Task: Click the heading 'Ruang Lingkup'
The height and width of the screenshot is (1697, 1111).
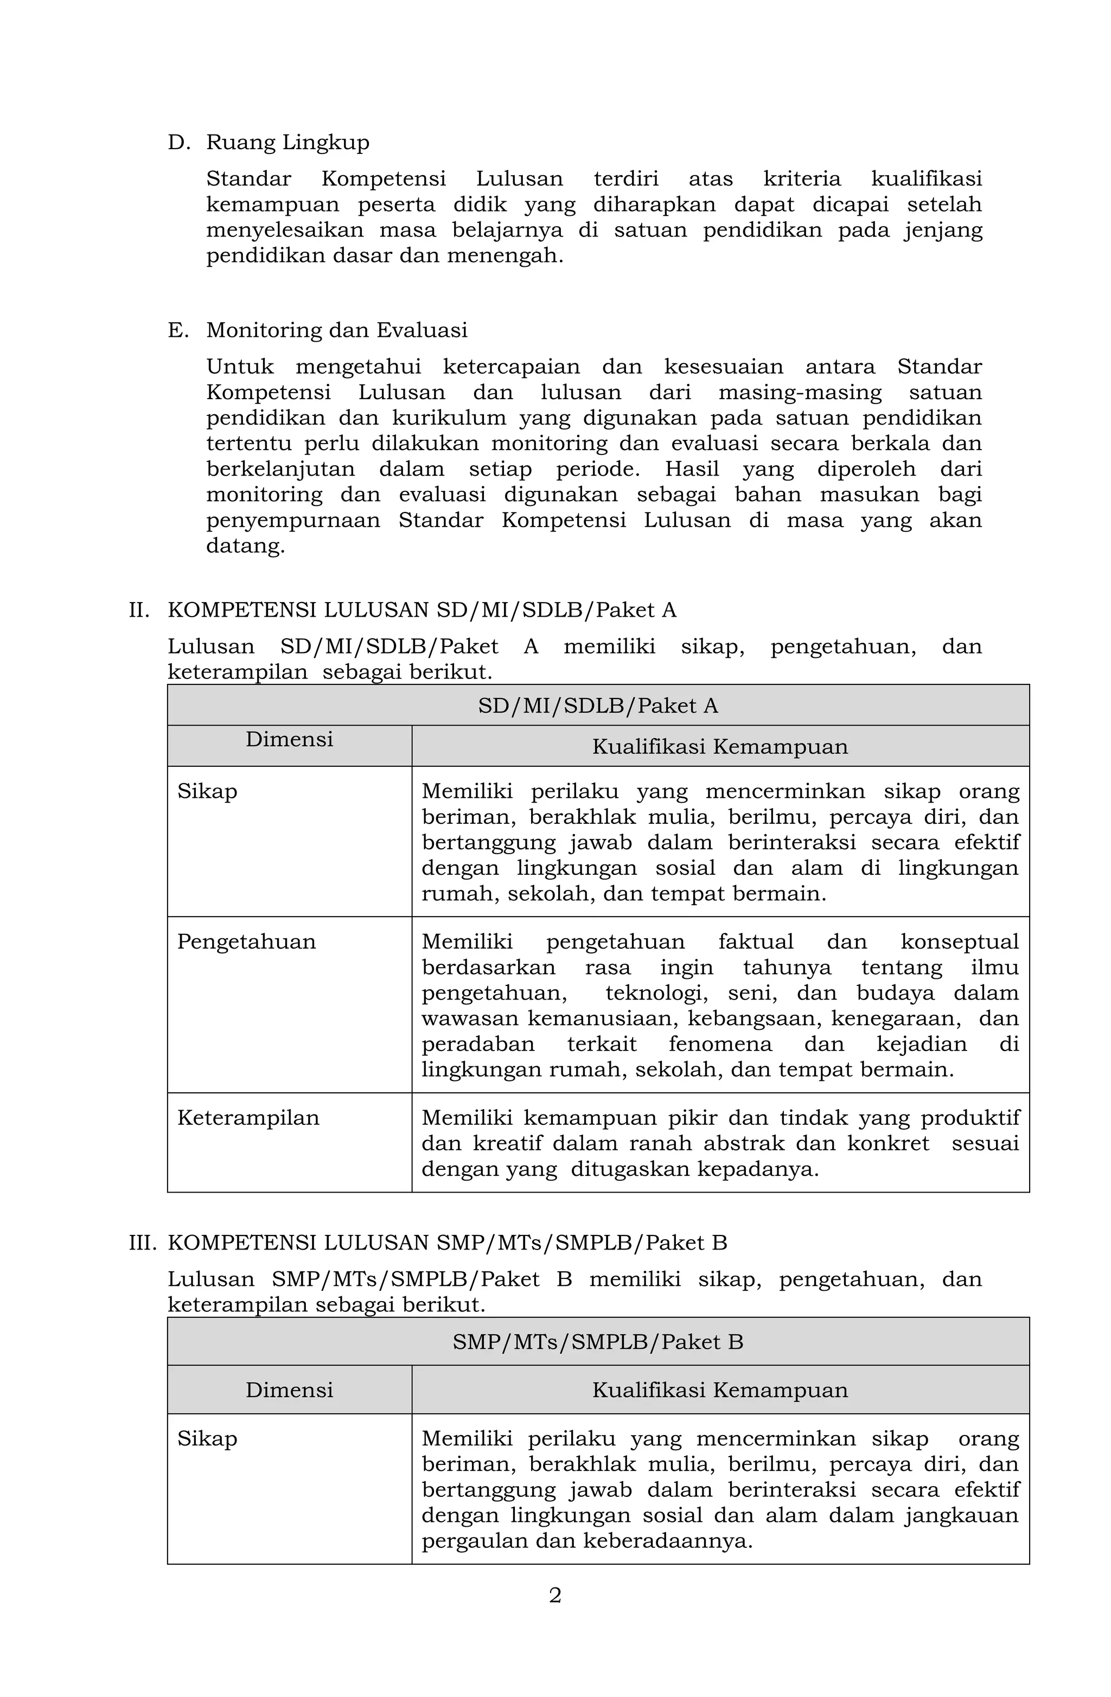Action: point(288,143)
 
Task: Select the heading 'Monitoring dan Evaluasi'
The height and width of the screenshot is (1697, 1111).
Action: point(336,330)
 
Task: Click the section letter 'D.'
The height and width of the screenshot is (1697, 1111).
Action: point(179,143)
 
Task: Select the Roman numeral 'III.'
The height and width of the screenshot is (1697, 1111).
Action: point(142,1243)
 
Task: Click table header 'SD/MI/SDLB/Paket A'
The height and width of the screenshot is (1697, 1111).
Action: point(598,706)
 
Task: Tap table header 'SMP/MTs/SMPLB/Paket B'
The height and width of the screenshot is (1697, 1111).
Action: point(598,1342)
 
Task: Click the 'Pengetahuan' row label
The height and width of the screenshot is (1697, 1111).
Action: point(246,942)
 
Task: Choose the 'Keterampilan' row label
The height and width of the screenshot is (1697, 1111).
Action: point(248,1118)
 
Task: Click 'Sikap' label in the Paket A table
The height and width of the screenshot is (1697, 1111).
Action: point(207,791)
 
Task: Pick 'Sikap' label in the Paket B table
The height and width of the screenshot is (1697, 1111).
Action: point(207,1439)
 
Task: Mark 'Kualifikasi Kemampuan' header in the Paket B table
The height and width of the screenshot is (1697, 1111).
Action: point(719,1389)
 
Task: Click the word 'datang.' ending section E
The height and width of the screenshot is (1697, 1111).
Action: point(245,546)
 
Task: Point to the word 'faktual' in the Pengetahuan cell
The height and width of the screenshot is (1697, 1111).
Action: point(755,942)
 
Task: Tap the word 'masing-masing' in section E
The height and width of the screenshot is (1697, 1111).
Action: point(800,393)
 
